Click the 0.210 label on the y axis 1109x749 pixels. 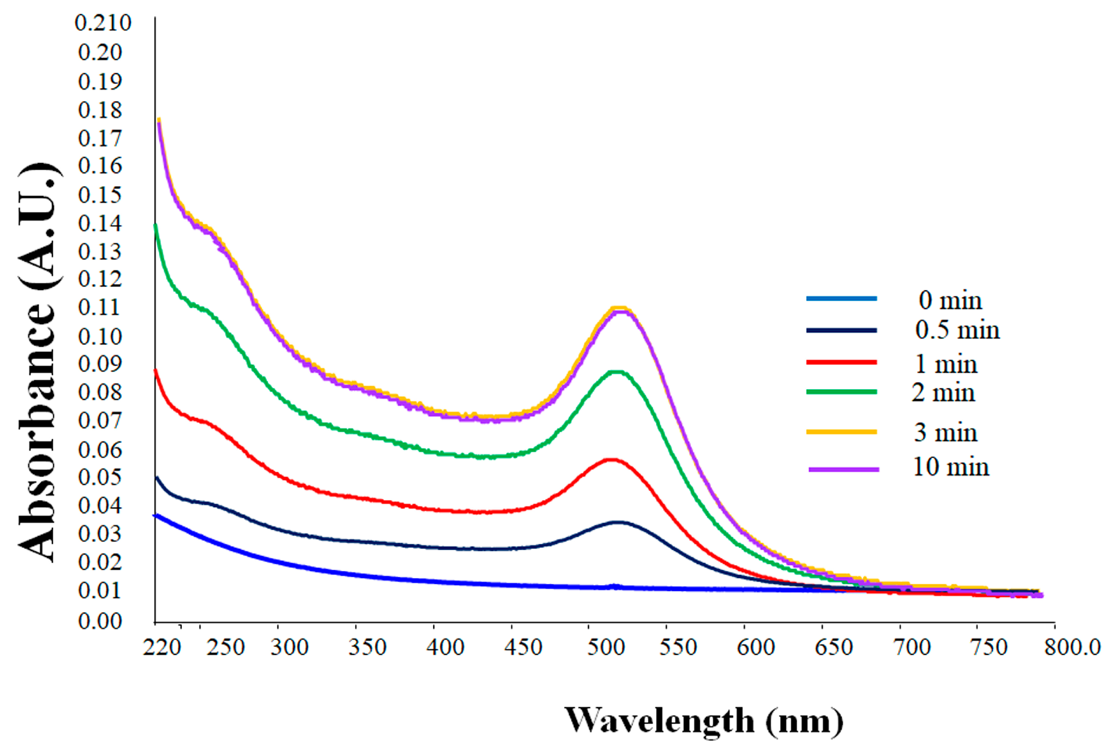103,23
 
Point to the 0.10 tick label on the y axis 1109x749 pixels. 100,337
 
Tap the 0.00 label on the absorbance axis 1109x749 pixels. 100,621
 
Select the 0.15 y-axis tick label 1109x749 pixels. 100,195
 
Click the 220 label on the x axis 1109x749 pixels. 162,648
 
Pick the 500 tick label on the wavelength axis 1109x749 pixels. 605,648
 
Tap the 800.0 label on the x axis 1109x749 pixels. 1072,648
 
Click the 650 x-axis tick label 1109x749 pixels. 833,648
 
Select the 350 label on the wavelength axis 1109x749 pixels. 367,648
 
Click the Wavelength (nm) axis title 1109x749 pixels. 703,720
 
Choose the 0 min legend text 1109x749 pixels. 950,300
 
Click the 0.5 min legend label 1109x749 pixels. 957,330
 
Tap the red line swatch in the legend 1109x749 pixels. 841,362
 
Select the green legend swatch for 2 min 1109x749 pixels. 841,392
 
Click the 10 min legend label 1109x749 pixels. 950,467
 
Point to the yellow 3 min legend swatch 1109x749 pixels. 841,431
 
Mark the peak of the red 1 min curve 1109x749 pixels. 611,460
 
